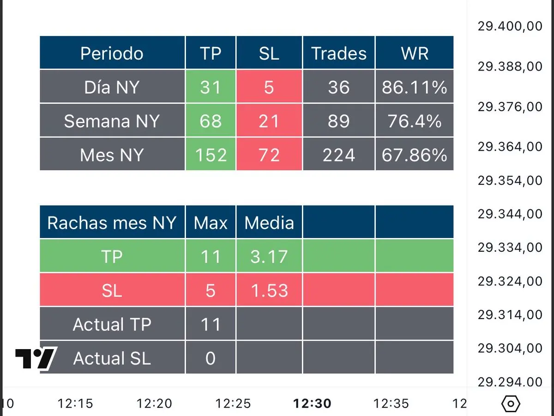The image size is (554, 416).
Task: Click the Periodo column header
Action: point(112,53)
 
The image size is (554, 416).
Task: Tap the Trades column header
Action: point(339,53)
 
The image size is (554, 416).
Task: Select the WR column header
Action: point(415,53)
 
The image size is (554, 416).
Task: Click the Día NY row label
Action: point(112,87)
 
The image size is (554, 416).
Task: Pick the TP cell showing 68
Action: point(211,121)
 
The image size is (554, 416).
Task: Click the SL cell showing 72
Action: point(269,155)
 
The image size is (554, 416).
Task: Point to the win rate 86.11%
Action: point(415,87)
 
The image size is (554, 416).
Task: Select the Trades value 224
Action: point(339,155)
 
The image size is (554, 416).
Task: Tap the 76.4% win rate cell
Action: point(415,121)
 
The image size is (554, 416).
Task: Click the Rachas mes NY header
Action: point(112,223)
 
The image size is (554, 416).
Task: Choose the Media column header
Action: point(269,223)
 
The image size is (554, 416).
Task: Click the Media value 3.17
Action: point(269,257)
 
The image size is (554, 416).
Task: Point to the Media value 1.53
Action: point(269,291)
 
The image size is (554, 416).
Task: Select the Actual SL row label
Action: point(112,358)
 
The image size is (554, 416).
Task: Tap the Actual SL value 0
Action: point(211,358)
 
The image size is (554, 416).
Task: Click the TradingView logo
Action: point(36,358)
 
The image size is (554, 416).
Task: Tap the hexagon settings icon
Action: point(510,404)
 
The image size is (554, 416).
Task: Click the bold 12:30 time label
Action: point(312,404)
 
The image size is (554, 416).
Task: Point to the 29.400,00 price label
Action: point(510,26)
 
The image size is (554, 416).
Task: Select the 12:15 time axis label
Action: point(75,404)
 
